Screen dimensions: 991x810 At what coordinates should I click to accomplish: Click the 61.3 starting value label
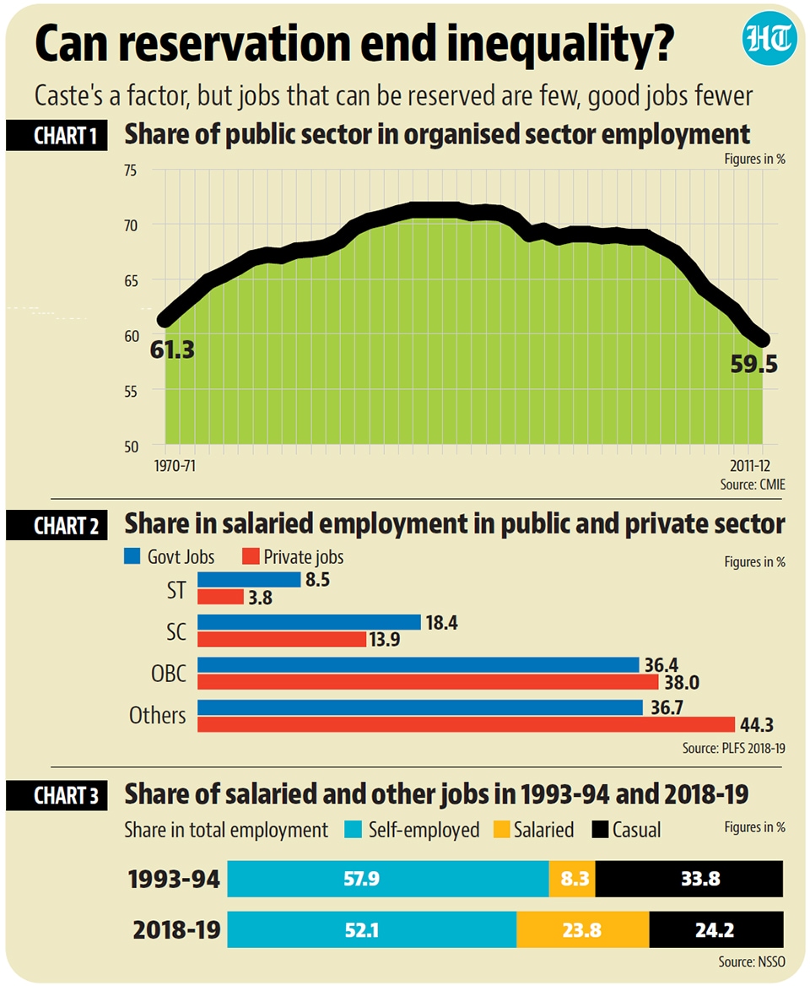click(172, 347)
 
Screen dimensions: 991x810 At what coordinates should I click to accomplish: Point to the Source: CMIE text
click(752, 484)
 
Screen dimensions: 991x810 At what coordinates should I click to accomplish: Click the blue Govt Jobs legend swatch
click(131, 557)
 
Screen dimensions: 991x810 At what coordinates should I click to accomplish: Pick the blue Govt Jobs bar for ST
click(249, 580)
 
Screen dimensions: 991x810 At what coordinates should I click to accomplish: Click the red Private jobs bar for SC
click(282, 639)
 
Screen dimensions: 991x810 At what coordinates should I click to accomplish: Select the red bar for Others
click(466, 724)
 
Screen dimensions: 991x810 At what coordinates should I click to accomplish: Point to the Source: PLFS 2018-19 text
click(734, 748)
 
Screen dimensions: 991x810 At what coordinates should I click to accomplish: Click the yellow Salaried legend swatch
click(500, 830)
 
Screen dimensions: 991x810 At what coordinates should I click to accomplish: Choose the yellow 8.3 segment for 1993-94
click(572, 880)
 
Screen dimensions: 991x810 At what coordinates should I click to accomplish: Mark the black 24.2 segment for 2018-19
click(716, 929)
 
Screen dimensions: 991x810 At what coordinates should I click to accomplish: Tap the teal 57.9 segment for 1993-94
click(388, 880)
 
